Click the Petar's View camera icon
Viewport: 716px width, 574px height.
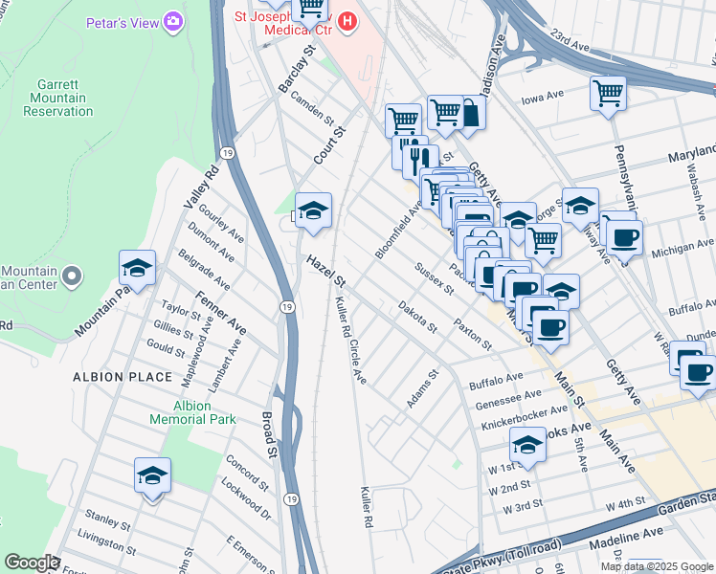(173, 20)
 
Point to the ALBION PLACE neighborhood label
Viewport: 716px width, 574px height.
(111, 377)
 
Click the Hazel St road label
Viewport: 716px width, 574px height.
(326, 269)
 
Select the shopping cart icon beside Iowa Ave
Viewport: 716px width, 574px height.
(608, 94)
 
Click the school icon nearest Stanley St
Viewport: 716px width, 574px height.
(152, 475)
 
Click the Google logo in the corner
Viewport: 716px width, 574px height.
(32, 563)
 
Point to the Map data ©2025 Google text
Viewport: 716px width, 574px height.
(657, 566)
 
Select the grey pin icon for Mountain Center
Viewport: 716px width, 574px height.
(72, 277)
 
